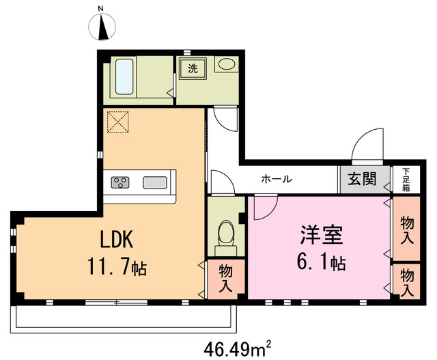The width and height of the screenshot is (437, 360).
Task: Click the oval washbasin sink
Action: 226,66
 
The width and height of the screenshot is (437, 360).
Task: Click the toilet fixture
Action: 223,233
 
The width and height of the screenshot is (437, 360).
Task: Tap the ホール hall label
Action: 277,180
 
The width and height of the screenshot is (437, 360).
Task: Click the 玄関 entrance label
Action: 363,180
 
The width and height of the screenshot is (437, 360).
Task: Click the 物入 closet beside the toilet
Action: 225,278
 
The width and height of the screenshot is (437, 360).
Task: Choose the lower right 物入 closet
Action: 406,281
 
